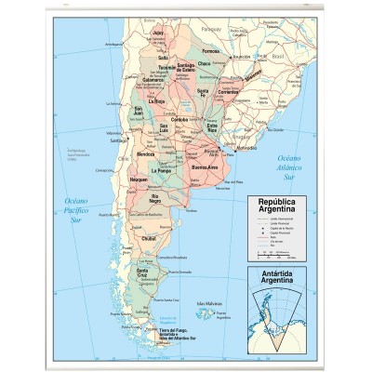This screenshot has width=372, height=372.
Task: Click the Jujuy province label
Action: [x=157, y=33]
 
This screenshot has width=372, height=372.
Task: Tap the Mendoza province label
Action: [x=145, y=153]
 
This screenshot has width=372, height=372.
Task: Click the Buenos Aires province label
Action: [x=206, y=167]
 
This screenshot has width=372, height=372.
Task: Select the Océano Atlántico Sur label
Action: [x=297, y=166]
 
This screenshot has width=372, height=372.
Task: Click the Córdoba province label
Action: [x=180, y=119]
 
